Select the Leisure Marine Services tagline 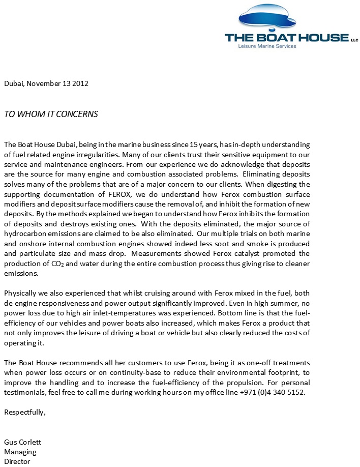tap(267, 46)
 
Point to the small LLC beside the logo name tap(354, 39)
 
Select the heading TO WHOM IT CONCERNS tap(51, 114)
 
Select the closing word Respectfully tap(25, 412)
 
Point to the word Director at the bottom tap(17, 461)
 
